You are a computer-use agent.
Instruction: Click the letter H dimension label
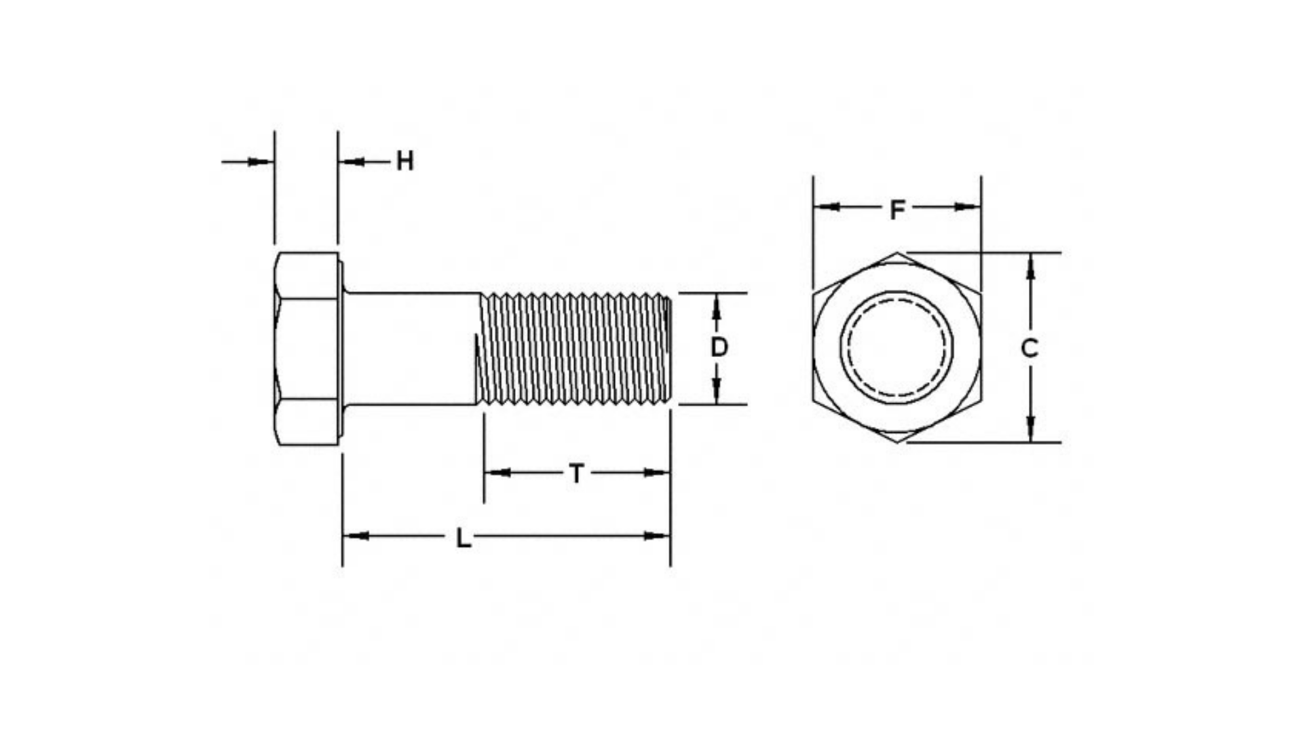(x=404, y=162)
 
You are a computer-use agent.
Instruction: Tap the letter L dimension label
(x=463, y=538)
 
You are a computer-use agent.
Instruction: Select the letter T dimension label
(x=576, y=473)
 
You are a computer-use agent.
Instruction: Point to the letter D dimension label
(x=719, y=347)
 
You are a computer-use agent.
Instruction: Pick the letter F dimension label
(x=896, y=210)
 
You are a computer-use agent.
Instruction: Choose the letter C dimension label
(x=1030, y=348)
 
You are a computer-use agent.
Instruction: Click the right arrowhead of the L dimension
(x=657, y=536)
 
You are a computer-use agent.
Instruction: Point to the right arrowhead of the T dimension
(x=656, y=472)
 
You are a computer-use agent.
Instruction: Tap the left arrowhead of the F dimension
(x=827, y=206)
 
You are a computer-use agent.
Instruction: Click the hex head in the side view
(x=307, y=349)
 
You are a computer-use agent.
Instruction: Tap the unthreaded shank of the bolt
(x=411, y=349)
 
